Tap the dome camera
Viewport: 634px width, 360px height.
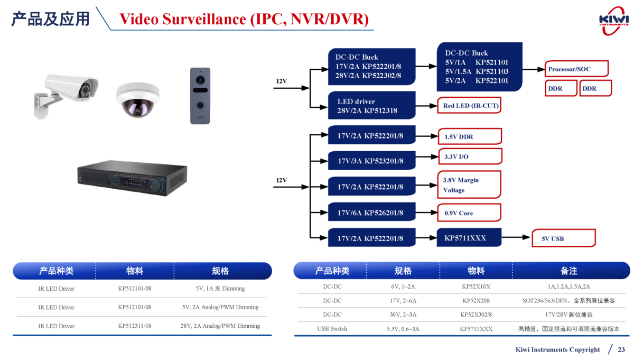pos(137,99)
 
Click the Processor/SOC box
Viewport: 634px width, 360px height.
pos(576,69)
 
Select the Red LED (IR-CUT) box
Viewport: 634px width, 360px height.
pos(468,106)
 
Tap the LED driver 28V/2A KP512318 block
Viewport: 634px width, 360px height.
pos(371,106)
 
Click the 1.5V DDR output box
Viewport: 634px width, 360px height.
pos(469,136)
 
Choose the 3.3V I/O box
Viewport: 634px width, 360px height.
pos(469,156)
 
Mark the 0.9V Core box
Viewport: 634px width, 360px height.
pos(469,213)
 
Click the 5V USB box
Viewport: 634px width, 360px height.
pos(564,238)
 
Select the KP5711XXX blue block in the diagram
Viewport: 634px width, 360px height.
pos(469,238)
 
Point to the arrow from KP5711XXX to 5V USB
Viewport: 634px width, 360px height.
pos(516,238)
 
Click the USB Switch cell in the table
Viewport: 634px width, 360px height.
pos(332,329)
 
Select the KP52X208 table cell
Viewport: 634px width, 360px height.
pos(476,301)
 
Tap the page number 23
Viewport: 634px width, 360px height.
pos(621,349)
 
